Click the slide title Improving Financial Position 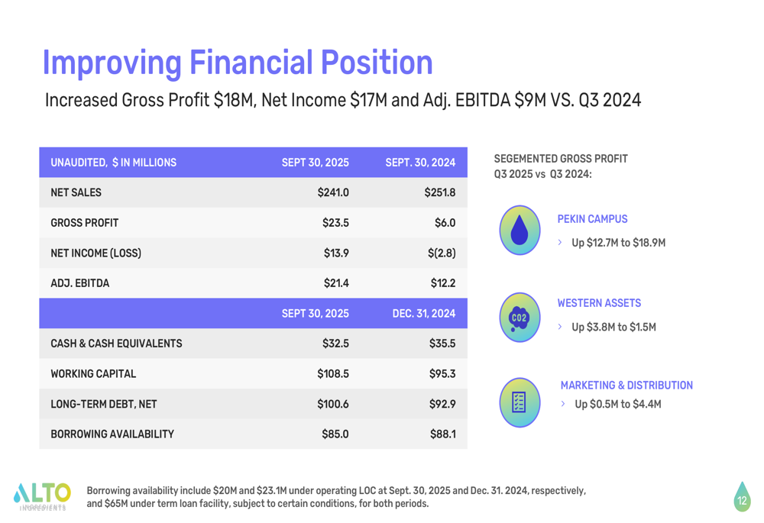237,63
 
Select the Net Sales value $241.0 333,192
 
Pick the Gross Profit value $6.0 445,223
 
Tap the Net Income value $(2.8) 442,253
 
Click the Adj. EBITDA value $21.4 336,283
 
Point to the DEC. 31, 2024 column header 423,313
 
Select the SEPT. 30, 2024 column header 420,163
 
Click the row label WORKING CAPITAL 93,374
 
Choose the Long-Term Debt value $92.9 442,404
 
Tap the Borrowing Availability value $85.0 335,434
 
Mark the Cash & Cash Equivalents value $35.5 442,344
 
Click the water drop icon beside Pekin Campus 520,230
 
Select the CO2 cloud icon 520,317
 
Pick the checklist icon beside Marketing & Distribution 520,402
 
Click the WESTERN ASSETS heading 599,303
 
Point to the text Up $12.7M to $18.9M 618,243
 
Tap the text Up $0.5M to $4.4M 617,404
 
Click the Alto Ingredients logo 42,496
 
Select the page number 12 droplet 741,497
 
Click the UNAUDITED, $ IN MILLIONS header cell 113,163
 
